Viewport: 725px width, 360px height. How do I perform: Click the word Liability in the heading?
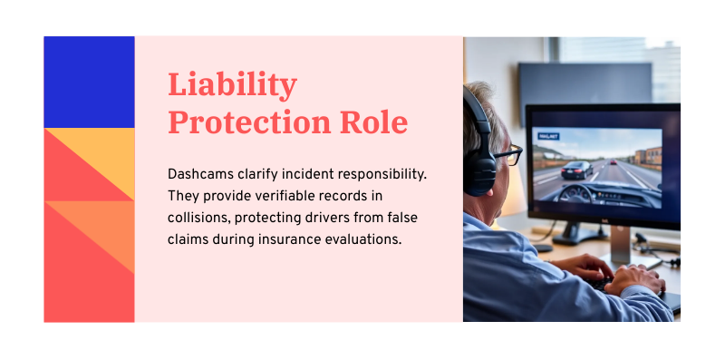pos(232,85)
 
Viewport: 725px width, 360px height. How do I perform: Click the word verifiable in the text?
pos(289,195)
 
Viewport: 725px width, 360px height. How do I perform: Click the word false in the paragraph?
pos(400,218)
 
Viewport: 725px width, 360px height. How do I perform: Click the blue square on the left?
pos(89,82)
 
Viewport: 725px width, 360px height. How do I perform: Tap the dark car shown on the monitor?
pos(576,169)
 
